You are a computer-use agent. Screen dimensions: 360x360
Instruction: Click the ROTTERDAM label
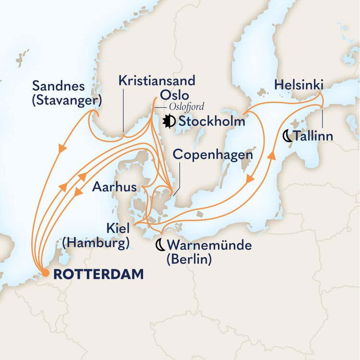coord(98,274)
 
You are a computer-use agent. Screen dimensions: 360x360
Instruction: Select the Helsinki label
coord(299,85)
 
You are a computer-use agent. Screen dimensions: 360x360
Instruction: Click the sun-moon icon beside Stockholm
coord(169,121)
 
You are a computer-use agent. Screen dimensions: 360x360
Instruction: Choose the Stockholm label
coord(212,121)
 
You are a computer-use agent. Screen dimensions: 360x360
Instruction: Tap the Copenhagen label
coord(212,155)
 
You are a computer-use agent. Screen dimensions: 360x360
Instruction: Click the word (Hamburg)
coord(96,243)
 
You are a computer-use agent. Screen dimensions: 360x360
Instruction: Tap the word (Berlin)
coord(189,260)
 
